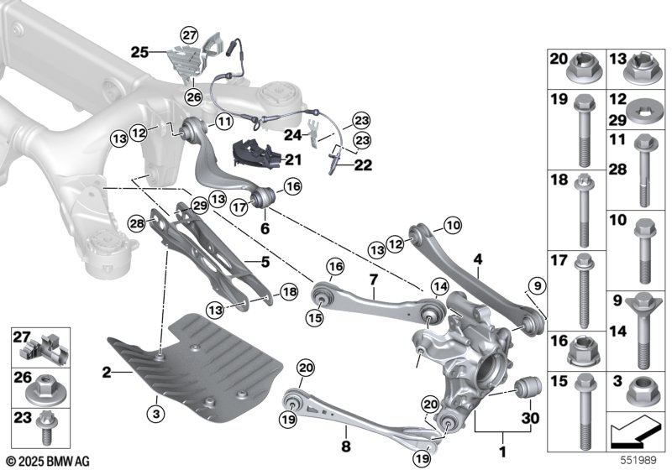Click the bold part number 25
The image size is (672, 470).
(x=139, y=53)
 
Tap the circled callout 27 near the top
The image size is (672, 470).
(x=190, y=35)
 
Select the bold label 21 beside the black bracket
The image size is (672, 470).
(x=293, y=160)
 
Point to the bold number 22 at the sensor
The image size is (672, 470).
(x=363, y=164)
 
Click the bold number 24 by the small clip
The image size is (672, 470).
(x=293, y=135)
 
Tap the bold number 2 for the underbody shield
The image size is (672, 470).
(x=107, y=373)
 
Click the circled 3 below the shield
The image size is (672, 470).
(x=155, y=414)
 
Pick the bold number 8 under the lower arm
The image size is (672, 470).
(x=345, y=446)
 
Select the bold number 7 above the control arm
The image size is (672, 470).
(x=374, y=280)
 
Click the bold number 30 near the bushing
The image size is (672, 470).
(x=530, y=418)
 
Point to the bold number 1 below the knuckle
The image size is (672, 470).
(x=502, y=452)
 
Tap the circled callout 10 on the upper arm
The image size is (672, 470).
(x=454, y=225)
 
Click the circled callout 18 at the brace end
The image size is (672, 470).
(x=288, y=292)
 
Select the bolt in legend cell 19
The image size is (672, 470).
(x=582, y=130)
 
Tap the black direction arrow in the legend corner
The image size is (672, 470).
(x=634, y=429)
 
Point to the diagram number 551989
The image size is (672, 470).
(x=638, y=461)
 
